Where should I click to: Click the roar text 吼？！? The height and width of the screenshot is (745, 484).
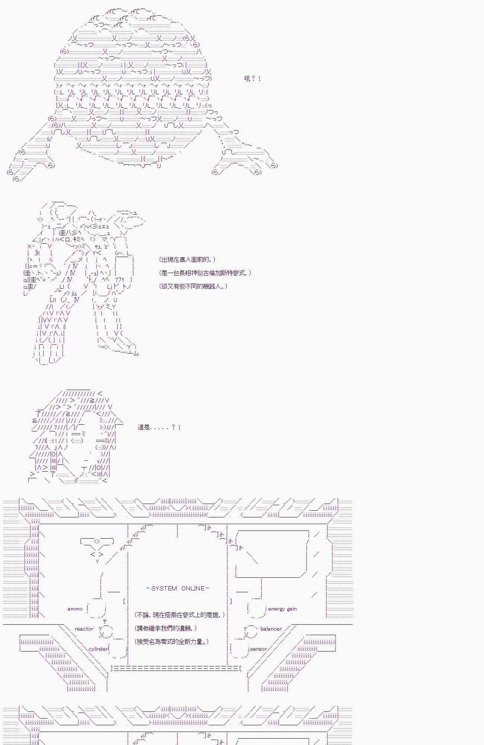pyautogui.click(x=252, y=79)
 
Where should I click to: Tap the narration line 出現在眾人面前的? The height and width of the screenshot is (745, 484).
pyautogui.click(x=187, y=260)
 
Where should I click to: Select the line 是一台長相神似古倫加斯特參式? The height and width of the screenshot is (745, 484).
pyautogui.click(x=205, y=273)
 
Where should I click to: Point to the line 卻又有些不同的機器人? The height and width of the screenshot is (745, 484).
pyautogui.click(x=193, y=286)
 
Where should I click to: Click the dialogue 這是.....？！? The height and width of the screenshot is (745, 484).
pyautogui.click(x=159, y=427)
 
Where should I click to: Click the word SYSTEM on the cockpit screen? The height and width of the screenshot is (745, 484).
pyautogui.click(x=164, y=589)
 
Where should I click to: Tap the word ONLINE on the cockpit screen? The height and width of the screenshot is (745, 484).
pyautogui.click(x=193, y=589)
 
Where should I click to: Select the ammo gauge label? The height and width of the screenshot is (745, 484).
pyautogui.click(x=75, y=609)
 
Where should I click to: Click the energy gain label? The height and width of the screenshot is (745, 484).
pyautogui.click(x=282, y=609)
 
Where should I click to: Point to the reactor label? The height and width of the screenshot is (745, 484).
pyautogui.click(x=84, y=629)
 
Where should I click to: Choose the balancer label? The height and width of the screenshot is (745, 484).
pyautogui.click(x=271, y=629)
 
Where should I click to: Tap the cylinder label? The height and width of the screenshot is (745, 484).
pyautogui.click(x=98, y=649)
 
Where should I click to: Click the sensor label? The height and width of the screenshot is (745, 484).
pyautogui.click(x=258, y=649)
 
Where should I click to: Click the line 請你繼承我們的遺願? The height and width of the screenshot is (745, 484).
pyautogui.click(x=166, y=628)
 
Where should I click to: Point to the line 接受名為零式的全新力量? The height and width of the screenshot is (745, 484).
pyautogui.click(x=172, y=642)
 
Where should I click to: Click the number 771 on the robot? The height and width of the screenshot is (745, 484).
pyautogui.click(x=120, y=280)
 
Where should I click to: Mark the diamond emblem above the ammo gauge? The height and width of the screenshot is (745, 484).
pyautogui.click(x=97, y=541)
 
